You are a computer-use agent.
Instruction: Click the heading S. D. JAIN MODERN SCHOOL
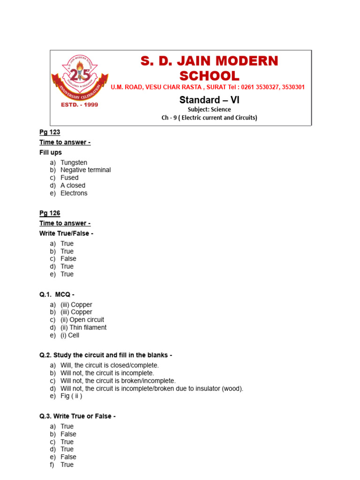click(x=209, y=68)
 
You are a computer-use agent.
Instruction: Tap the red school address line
click(x=208, y=87)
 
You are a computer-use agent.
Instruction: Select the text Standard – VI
click(x=209, y=100)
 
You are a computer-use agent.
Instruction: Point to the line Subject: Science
click(x=209, y=110)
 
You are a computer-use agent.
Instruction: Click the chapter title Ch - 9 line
click(x=209, y=118)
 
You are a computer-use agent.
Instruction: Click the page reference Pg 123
click(x=50, y=132)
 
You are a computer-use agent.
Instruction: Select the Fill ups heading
click(x=51, y=152)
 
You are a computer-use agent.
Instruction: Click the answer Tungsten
click(x=74, y=163)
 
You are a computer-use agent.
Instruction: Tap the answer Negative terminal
click(x=85, y=170)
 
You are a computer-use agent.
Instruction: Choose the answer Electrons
click(x=74, y=193)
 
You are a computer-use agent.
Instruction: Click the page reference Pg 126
click(x=50, y=213)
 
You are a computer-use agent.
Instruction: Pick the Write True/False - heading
click(x=66, y=233)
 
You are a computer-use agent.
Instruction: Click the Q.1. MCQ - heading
click(x=57, y=294)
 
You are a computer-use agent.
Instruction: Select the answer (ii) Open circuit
click(x=82, y=320)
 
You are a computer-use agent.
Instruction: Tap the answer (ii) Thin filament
click(x=83, y=328)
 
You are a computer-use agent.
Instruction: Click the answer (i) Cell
click(x=70, y=335)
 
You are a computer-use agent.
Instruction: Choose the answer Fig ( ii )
click(x=71, y=396)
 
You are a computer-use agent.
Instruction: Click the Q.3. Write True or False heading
click(x=77, y=416)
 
